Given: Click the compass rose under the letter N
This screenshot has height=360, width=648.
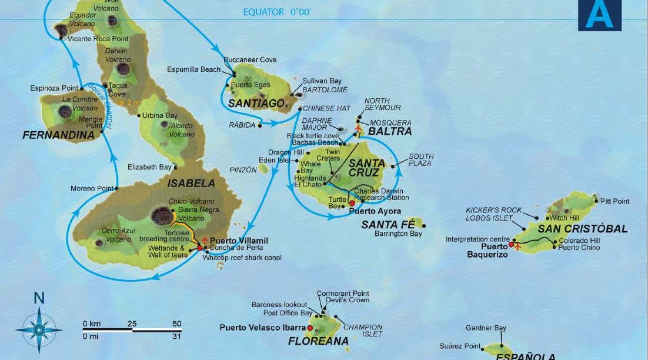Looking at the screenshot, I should (39, 330).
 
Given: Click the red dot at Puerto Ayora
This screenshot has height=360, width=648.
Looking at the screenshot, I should (352, 203).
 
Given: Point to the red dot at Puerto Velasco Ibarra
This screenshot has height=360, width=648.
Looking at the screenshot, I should (310, 328).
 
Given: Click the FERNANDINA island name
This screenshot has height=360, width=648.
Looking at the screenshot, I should (58, 135).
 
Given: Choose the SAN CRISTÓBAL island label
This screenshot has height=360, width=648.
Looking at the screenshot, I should (583, 229).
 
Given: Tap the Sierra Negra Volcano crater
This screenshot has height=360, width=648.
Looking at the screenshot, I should (162, 216).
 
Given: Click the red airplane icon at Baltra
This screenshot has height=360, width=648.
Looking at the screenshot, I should (359, 128).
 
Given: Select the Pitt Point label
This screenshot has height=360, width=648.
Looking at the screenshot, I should (615, 201).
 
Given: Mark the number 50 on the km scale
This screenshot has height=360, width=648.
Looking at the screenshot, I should (176, 324).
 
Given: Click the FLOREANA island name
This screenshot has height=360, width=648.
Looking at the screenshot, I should (318, 341).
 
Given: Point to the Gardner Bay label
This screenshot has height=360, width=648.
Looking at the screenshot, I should (486, 328).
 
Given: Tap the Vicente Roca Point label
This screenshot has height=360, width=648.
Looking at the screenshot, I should (98, 39).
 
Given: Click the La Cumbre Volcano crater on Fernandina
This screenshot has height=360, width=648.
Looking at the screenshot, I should (65, 111).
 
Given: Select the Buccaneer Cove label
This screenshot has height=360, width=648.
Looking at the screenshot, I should (250, 60).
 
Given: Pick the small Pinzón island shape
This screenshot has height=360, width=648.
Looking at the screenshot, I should (263, 169).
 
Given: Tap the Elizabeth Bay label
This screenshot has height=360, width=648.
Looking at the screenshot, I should (149, 167).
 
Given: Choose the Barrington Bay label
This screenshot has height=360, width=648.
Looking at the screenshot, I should (398, 234).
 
